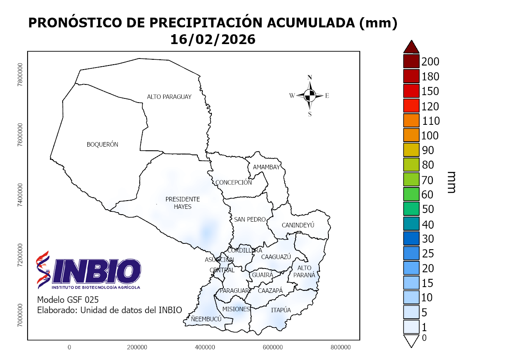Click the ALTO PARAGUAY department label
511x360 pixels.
tap(169, 97)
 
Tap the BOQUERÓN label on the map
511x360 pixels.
tap(102, 145)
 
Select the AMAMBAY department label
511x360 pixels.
tap(266, 167)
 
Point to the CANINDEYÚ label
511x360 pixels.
tap(298, 225)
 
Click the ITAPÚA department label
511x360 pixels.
tap(281, 310)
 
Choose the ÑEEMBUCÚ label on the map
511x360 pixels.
tap(206, 319)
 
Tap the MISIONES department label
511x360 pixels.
tap(236, 309)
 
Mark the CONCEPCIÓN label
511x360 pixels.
tap(233, 182)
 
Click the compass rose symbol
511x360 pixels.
tap(310, 96)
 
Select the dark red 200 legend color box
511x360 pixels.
tap(411, 61)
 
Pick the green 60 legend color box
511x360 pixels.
tap(411, 194)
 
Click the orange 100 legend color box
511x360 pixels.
tap(411, 135)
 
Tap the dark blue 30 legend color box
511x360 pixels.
tap(411, 238)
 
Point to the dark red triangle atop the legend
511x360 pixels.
tap(411, 47)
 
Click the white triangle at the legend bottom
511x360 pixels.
tap(411, 341)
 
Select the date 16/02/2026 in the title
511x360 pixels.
tap(213, 39)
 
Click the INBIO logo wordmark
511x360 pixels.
tap(96, 271)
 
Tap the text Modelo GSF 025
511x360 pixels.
tap(68, 299)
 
